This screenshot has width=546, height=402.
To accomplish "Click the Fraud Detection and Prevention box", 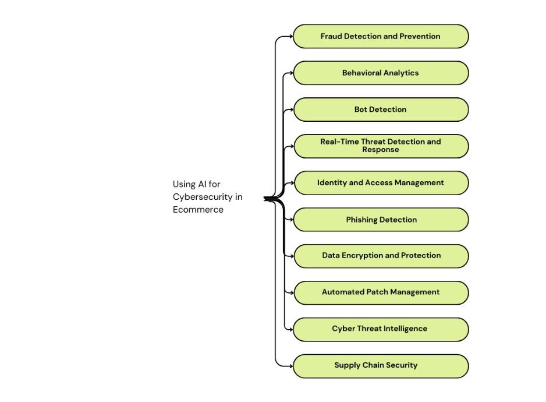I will click(381, 36).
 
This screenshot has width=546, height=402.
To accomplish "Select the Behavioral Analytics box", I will click(381, 73).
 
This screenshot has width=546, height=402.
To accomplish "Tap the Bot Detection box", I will click(381, 110).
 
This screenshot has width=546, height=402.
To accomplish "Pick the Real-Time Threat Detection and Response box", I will click(381, 146).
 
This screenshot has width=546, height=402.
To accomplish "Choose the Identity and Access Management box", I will click(381, 183).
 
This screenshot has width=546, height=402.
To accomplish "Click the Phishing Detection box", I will click(381, 220).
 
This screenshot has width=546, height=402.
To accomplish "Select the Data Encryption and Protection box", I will click(381, 256).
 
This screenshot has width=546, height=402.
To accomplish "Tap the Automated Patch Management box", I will click(381, 292).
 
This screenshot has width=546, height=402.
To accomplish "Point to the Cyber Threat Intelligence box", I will click(381, 329).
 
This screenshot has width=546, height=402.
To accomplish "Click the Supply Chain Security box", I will click(381, 366).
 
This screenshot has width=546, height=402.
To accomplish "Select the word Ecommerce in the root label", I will click(198, 210).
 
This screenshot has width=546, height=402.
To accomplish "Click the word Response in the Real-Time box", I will click(381, 150).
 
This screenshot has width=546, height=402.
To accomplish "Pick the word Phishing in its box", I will click(361, 220).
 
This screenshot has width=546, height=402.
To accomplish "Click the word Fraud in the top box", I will click(330, 36).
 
